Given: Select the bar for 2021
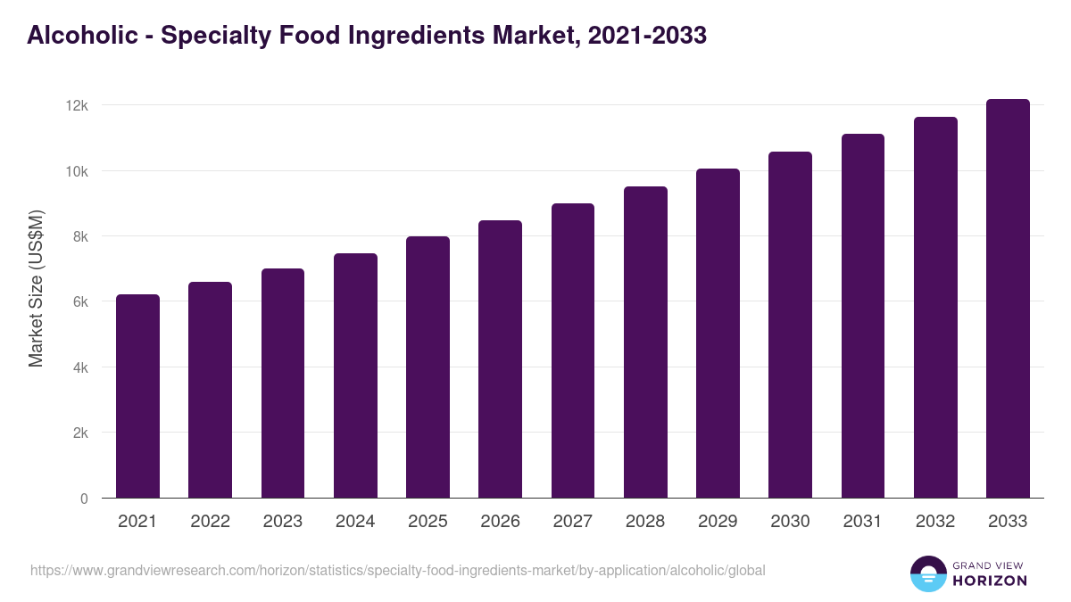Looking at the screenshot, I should pos(137,396).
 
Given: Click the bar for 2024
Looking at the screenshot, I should pos(355,375).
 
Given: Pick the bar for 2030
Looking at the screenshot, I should pos(790,325).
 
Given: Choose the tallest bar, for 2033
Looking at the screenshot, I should pos(1008,299).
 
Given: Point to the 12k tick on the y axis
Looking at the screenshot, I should pos(78,105).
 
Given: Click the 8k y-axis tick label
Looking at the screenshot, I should pos(80,236).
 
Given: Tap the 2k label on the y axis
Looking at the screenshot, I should pos(80,433).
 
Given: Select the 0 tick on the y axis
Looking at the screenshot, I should pos(84,499).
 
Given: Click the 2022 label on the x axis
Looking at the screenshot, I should pos(210,522).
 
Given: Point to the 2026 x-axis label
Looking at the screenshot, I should pos(500,522).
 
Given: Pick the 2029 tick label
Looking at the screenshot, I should pos(718,522).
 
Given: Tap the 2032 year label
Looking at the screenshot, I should pos(935,522).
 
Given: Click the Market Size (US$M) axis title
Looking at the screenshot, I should pos(36,288).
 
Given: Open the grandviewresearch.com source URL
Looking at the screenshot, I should pos(397,570).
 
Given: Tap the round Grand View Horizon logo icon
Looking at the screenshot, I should pos(928,573).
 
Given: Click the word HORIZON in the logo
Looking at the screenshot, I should pos(989,581).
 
